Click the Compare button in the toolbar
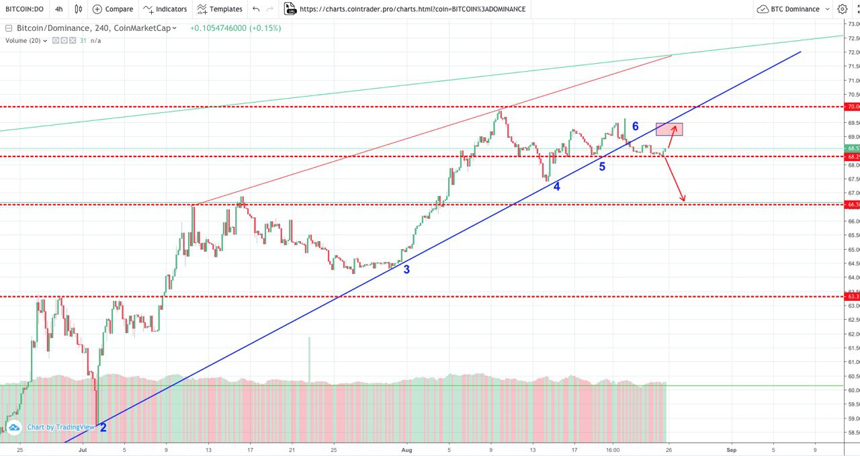click(x=113, y=9)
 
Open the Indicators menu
click(x=164, y=9)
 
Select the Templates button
click(x=220, y=9)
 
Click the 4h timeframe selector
click(x=59, y=9)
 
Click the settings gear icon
click(x=842, y=9)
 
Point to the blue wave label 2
click(x=103, y=427)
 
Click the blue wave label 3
click(x=406, y=269)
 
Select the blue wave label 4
click(x=556, y=187)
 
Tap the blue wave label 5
click(x=602, y=167)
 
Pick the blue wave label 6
click(x=635, y=126)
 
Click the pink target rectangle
click(x=669, y=130)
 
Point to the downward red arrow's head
click(x=683, y=199)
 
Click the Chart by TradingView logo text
click(x=60, y=427)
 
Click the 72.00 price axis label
click(x=853, y=52)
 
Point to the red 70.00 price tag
click(x=853, y=106)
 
